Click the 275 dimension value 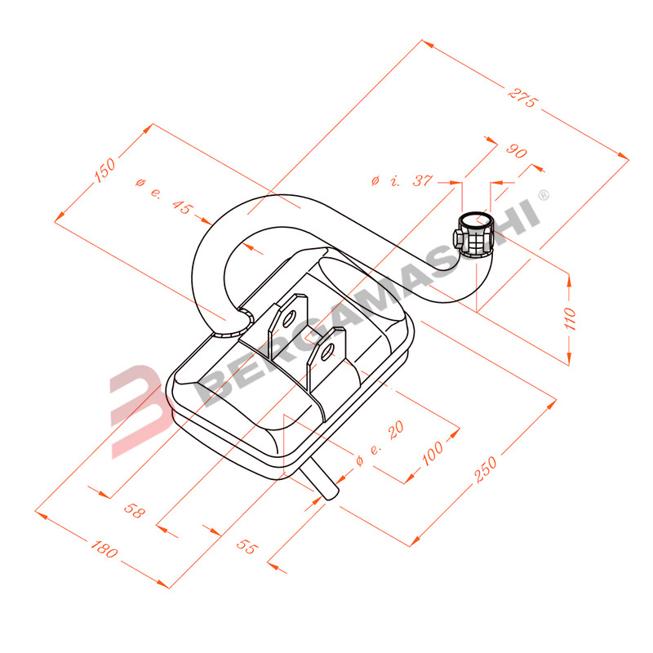523,98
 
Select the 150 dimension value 104,170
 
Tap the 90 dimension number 517,151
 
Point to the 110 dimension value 570,318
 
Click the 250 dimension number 486,469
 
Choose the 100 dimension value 433,453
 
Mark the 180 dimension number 104,549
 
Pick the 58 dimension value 134,510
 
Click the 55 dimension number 247,546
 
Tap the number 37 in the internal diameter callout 423,180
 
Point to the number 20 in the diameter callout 396,430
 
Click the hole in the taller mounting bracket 289,318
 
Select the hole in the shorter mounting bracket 327,352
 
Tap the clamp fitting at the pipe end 474,235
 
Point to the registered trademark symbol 544,194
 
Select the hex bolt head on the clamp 459,238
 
